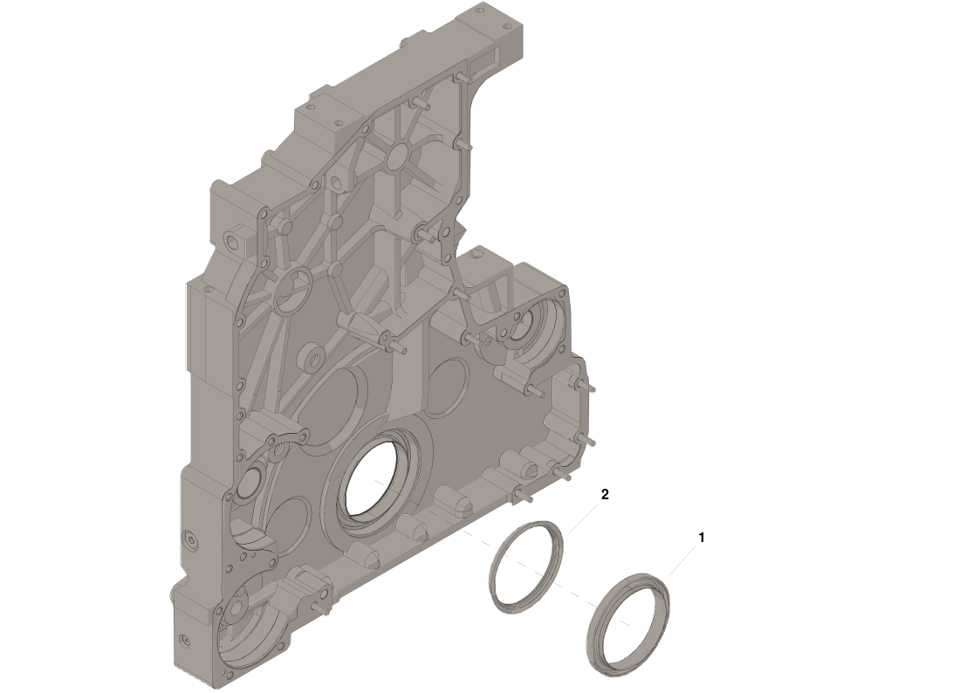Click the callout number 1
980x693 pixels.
(702, 538)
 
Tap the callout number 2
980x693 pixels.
(605, 494)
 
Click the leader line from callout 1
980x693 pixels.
(682, 560)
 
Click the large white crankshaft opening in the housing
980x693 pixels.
(371, 478)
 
